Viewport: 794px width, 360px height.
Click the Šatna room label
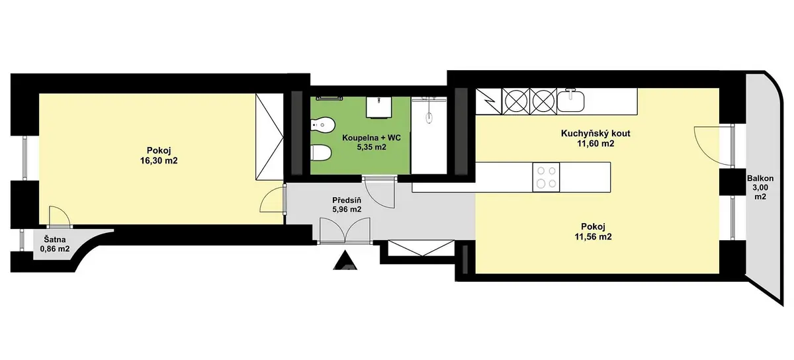click(x=54, y=240)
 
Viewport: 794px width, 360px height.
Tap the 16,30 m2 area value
click(x=159, y=161)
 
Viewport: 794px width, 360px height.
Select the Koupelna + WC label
click(x=371, y=138)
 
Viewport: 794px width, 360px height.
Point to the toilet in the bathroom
click(x=321, y=153)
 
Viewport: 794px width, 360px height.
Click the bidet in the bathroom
click(x=323, y=125)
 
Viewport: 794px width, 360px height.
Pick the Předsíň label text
click(x=347, y=200)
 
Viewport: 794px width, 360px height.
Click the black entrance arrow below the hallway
click(x=345, y=260)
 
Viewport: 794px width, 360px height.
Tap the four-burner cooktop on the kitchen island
click(x=547, y=177)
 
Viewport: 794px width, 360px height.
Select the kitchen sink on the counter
click(x=570, y=101)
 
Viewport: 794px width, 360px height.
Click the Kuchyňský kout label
click(x=595, y=134)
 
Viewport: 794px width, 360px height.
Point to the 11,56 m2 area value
click(x=593, y=236)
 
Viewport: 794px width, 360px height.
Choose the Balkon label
click(x=760, y=179)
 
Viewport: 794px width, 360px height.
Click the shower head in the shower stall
click(x=429, y=118)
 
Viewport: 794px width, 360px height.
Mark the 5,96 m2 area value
click(x=347, y=209)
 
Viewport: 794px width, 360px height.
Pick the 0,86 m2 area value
click(x=55, y=249)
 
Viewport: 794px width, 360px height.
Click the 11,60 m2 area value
click(x=595, y=144)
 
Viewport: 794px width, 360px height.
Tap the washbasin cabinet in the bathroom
click(x=379, y=107)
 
